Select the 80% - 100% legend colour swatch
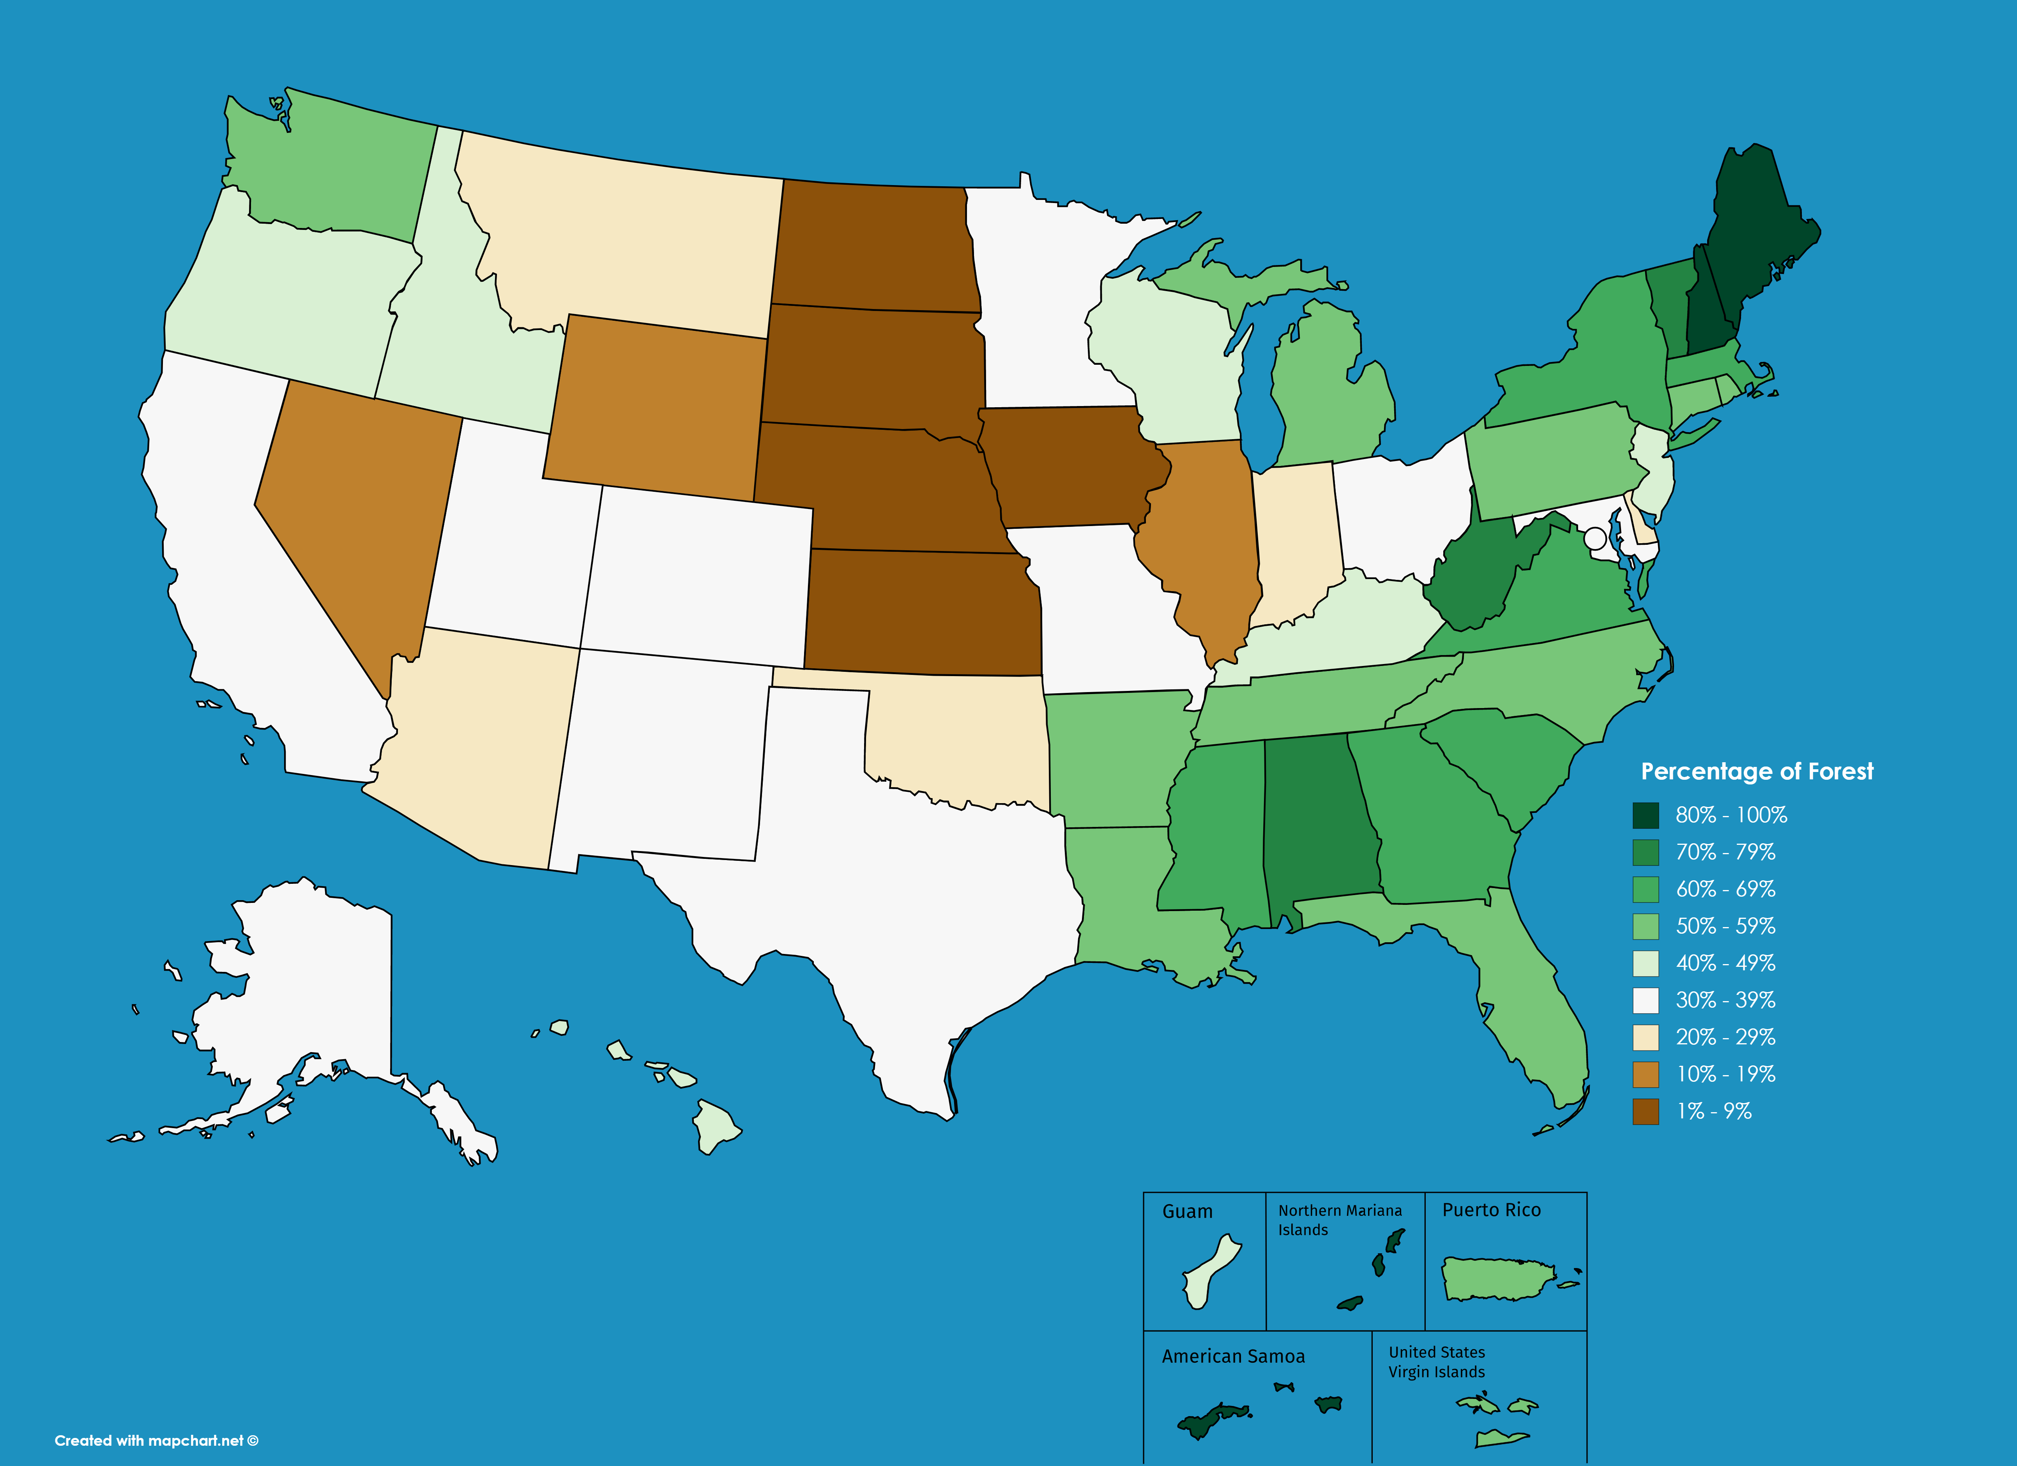[x=1645, y=815]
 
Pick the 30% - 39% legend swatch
[x=1645, y=1000]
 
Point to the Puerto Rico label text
[x=1491, y=1210]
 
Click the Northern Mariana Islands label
[x=1339, y=1220]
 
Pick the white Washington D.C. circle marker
[x=1595, y=538]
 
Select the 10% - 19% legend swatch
[x=1645, y=1074]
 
